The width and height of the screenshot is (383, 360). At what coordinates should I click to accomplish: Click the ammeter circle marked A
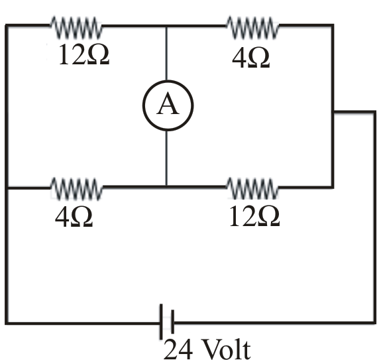pos(168,82)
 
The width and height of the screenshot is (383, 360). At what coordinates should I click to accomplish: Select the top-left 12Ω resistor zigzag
pos(76,27)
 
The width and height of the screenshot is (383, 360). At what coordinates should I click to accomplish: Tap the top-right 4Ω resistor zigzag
pos(252,27)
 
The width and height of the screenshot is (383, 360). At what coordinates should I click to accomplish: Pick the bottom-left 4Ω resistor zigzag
pos(76,189)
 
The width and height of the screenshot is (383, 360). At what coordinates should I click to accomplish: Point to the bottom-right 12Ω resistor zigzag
pos(252,189)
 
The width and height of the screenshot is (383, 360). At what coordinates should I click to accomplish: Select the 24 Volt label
pos(207,349)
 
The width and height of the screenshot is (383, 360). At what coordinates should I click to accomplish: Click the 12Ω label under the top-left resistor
pos(83,54)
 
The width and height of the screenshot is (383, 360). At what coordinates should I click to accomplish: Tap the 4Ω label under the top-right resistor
pos(251,58)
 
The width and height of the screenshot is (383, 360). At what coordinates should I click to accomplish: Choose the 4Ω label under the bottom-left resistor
pos(74,217)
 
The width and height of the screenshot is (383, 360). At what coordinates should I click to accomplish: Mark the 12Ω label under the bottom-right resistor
pos(254,215)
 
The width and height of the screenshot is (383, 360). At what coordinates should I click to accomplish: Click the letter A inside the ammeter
pos(168,103)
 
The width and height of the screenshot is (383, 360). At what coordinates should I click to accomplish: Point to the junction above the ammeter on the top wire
pos(166,25)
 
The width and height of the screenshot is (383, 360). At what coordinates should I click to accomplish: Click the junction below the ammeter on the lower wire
pos(166,187)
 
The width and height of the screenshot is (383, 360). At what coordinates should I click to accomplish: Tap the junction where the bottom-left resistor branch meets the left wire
pos(7,188)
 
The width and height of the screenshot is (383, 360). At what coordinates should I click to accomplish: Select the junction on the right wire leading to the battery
pos(333,112)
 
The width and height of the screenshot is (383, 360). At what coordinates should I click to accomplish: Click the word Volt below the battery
pos(226,349)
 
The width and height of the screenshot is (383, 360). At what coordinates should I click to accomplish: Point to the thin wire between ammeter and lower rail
pos(166,158)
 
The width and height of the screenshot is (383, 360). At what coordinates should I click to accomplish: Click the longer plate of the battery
pos(161,322)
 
